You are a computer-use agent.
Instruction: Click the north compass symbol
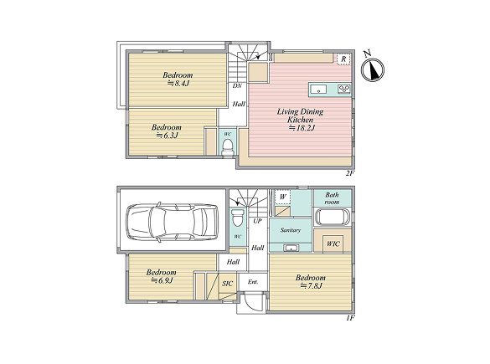(372, 69)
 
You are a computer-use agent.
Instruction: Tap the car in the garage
(173, 223)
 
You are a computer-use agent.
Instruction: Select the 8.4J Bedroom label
(178, 79)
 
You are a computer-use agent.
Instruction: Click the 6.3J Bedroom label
(167, 131)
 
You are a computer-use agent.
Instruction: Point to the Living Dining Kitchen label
(300, 120)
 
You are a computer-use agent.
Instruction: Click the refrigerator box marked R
(343, 59)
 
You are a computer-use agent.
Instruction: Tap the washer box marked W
(282, 197)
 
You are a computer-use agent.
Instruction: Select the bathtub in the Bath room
(333, 217)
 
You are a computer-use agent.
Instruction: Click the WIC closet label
(333, 244)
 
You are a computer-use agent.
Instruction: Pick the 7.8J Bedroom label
(310, 282)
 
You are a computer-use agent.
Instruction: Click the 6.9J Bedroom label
(162, 276)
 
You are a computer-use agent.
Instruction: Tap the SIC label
(227, 284)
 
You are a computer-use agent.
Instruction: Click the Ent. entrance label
(253, 282)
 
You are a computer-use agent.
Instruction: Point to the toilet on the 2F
(227, 147)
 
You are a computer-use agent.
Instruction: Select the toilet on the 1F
(238, 218)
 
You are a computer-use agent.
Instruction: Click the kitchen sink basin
(318, 90)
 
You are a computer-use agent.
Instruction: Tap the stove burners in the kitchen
(344, 90)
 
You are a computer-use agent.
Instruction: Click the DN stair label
(237, 85)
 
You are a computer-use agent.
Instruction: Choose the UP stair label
(257, 221)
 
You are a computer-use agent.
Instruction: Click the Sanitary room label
(291, 230)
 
